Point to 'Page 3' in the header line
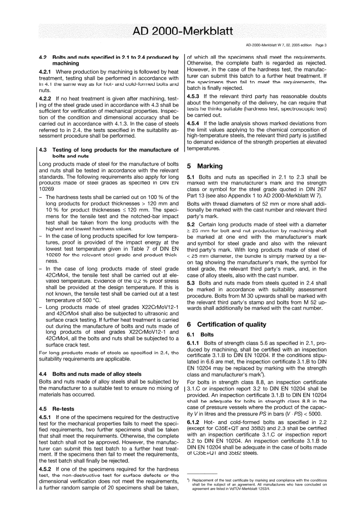point(321,45)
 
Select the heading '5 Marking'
point(205,166)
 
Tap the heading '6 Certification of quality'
point(227,324)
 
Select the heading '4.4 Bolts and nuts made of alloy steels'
point(90,374)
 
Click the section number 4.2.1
point(46,72)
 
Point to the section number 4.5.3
point(194,96)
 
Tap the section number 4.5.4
point(194,123)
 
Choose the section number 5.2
point(191,224)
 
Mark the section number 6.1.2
point(194,422)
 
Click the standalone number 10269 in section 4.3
point(47,189)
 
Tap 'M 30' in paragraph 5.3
point(233,296)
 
